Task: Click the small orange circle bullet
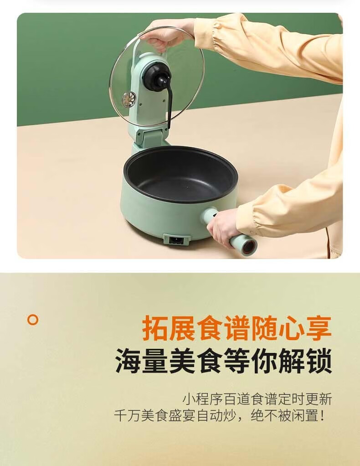(33, 320)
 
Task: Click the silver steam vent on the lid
(129, 99)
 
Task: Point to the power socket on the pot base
(176, 239)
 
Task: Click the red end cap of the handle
(250, 247)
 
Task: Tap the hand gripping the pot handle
(223, 225)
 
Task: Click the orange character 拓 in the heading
(156, 328)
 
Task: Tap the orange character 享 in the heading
(318, 328)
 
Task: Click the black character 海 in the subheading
(129, 361)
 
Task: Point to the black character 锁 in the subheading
(319, 361)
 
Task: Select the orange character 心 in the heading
(291, 328)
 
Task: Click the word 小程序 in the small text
(203, 399)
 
